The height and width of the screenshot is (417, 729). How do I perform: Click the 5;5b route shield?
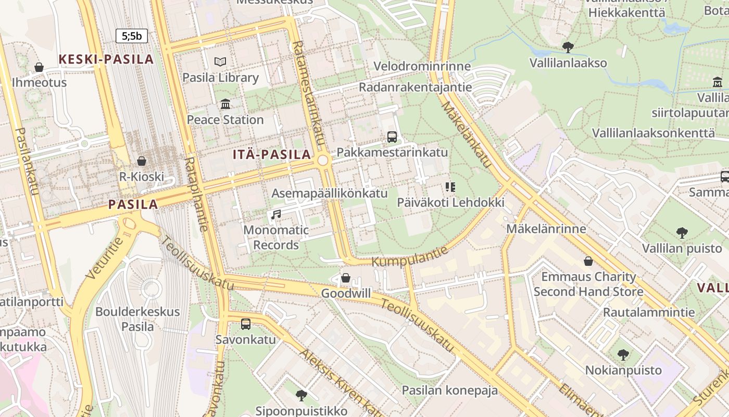pos(132,36)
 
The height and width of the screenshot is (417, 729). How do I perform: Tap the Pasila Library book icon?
pos(220,62)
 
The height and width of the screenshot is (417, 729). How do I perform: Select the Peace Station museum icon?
pos(225,104)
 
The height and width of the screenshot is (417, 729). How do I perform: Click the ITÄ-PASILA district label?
pos(272,154)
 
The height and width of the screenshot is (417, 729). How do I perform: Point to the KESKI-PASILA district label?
pos(106,59)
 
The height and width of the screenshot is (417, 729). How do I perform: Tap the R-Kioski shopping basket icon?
pos(142,161)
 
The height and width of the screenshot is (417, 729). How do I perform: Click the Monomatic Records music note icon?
pos(276,214)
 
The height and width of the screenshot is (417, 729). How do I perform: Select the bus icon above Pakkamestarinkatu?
pos(392,137)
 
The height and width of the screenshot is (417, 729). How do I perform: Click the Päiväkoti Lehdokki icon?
pos(450,187)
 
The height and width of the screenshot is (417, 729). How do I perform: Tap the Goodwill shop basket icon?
pos(346,278)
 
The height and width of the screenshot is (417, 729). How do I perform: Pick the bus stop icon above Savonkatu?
pos(246,324)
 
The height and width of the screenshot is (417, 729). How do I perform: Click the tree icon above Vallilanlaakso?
pos(568,47)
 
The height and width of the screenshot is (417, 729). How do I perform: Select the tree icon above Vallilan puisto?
pos(682,232)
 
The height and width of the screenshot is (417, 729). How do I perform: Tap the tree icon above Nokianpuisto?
pos(623,355)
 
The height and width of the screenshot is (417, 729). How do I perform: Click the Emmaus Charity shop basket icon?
pos(588,261)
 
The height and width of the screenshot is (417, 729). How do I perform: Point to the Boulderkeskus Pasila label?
pos(137,319)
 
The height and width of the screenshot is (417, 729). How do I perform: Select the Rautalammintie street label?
pos(649,312)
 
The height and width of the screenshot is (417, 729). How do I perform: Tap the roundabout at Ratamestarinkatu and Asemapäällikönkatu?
pos(323,160)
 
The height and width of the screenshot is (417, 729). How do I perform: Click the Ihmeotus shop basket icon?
pos(39,67)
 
